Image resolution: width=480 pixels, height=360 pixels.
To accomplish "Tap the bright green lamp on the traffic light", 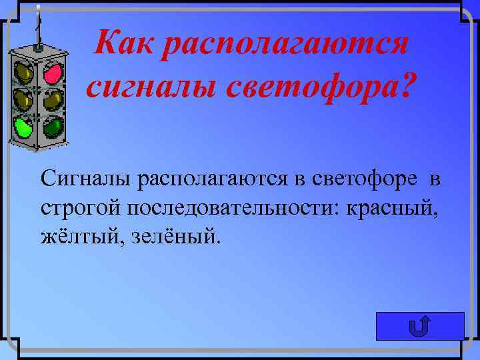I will (x=25, y=126).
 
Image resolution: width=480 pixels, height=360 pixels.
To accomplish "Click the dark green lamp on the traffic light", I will (x=53, y=126).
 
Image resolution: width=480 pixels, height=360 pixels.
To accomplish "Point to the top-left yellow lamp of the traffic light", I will (x=25, y=71).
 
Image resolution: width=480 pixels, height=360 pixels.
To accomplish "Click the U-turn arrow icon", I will (x=420, y=327).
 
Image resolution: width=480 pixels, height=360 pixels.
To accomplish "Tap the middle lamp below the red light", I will (x=53, y=99).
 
